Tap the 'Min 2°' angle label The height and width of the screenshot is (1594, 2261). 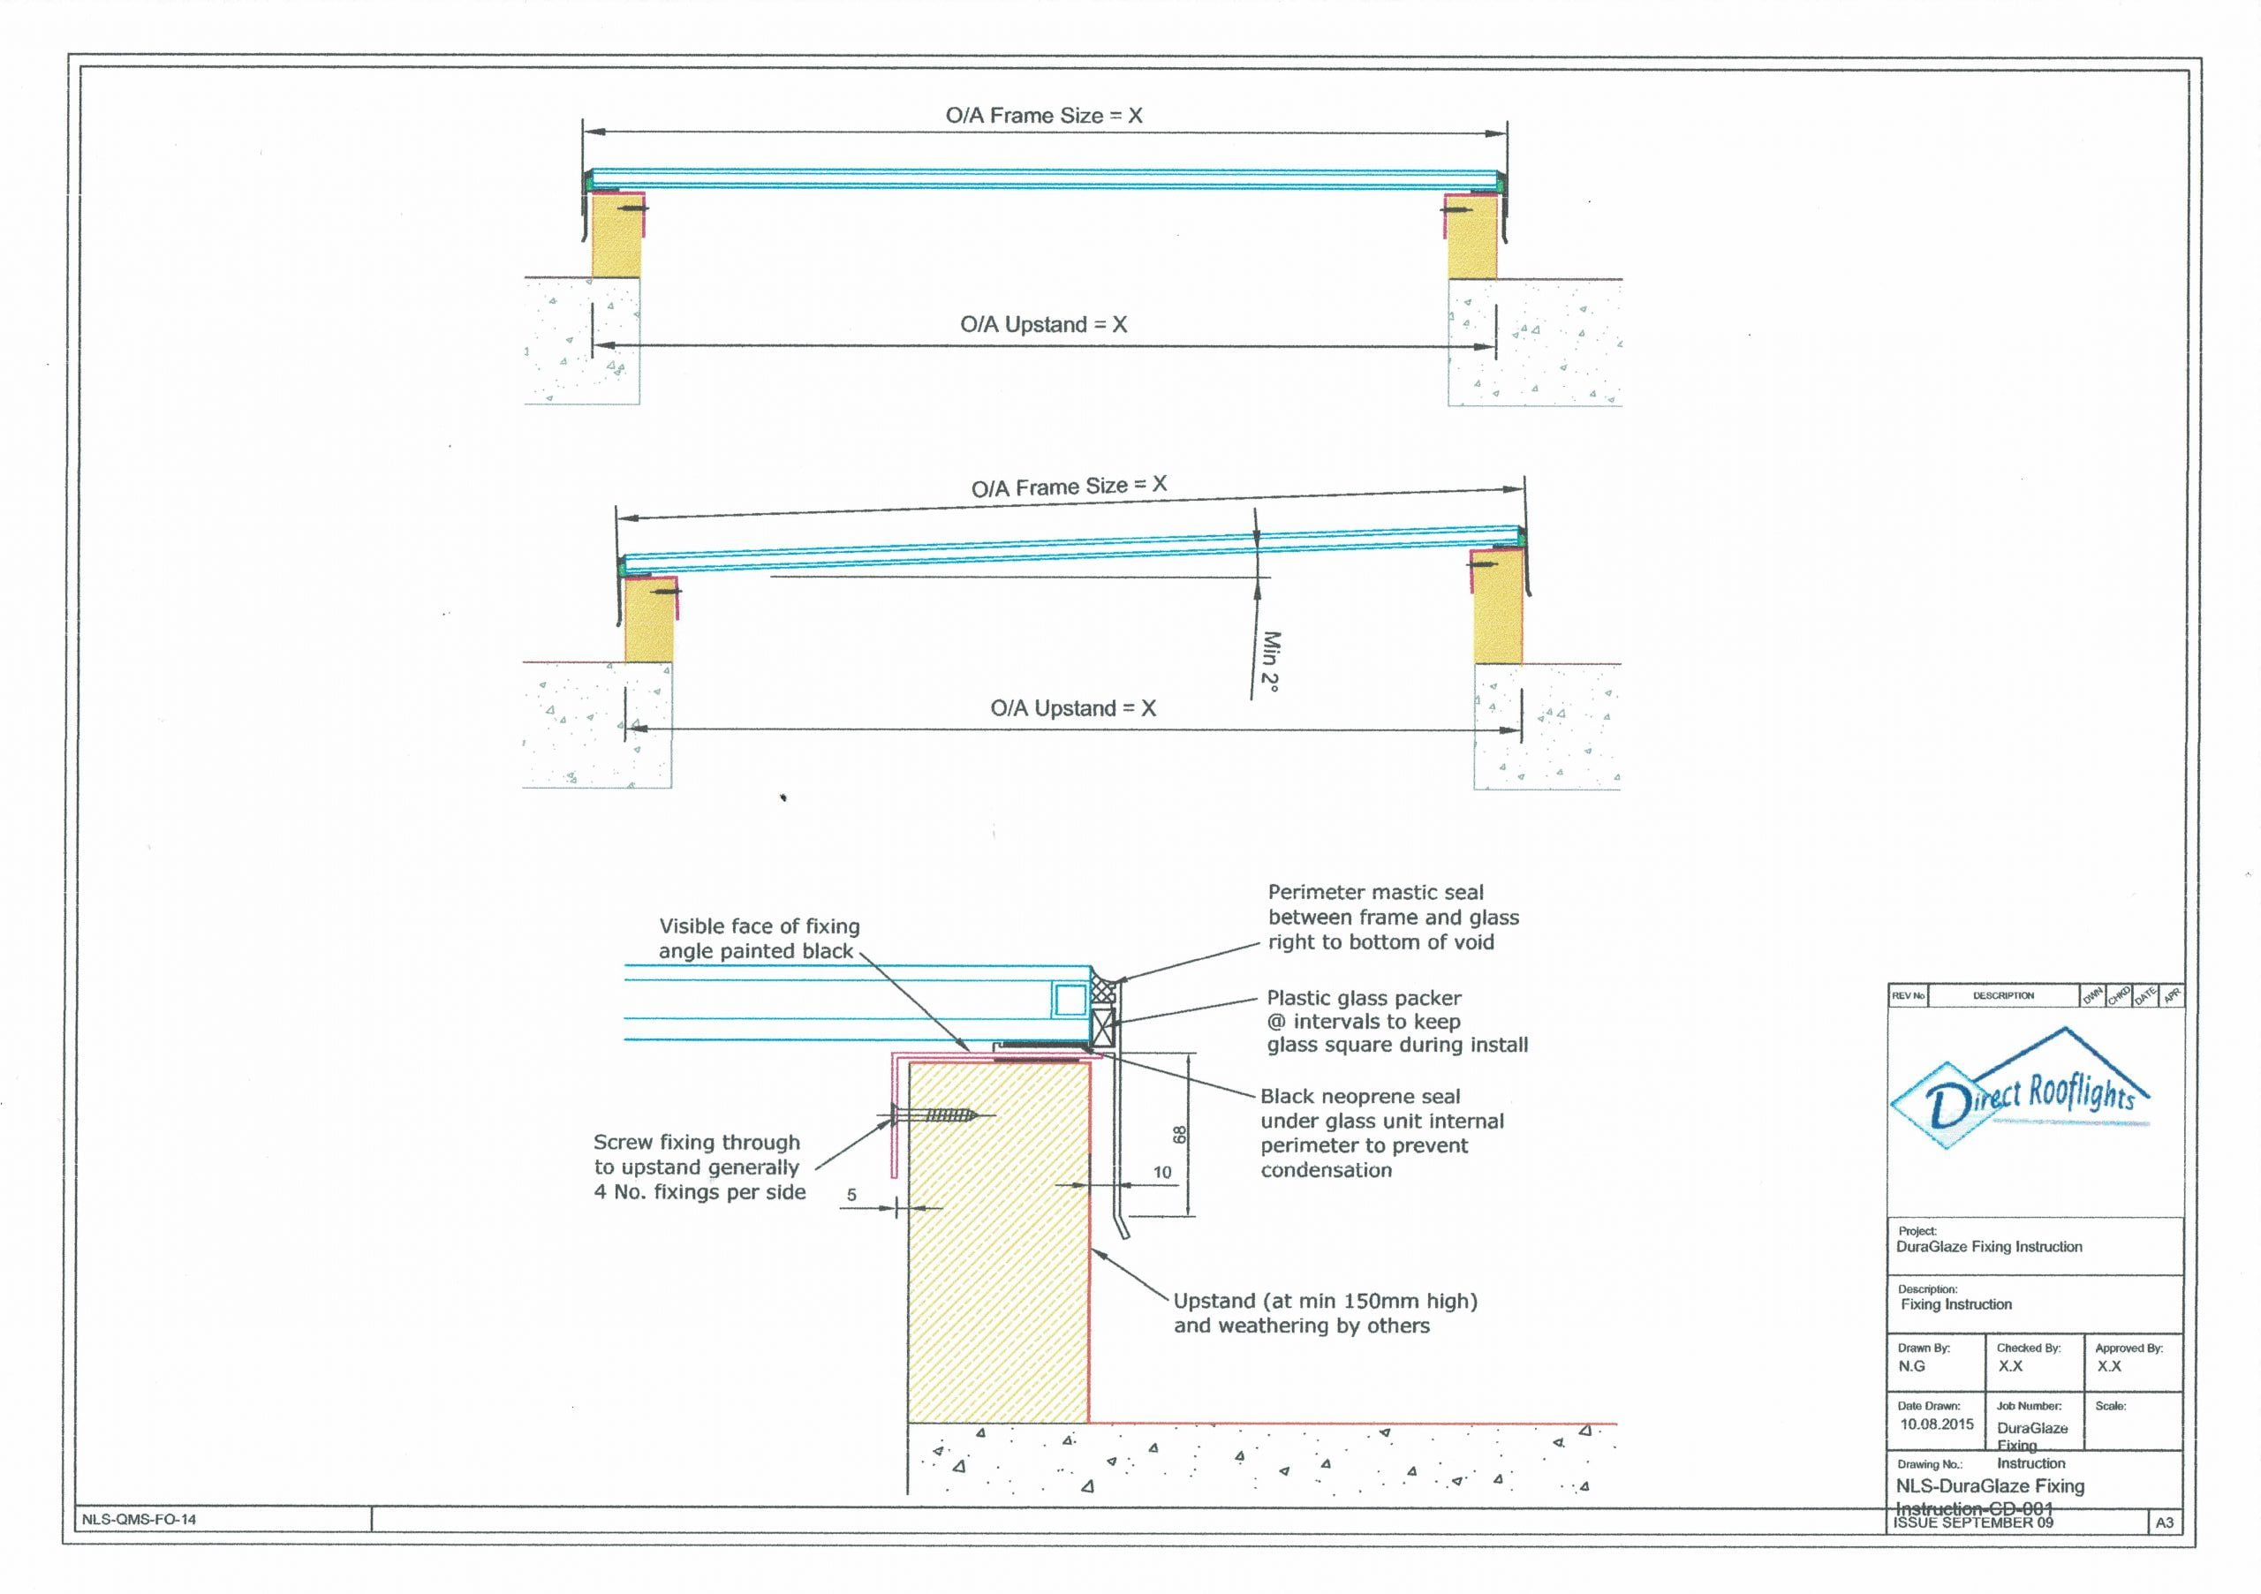point(1270,661)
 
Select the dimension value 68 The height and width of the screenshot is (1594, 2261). point(1179,1134)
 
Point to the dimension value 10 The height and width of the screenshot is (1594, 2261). point(1162,1173)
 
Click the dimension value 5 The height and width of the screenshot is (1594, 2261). point(851,1195)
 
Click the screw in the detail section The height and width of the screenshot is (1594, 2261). point(935,1115)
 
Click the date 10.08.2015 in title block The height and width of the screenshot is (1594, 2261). point(1936,1424)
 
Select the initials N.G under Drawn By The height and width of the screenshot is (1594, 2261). point(1911,1365)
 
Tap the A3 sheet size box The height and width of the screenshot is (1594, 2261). point(2165,1522)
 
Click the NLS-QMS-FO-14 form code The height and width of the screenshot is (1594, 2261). point(139,1519)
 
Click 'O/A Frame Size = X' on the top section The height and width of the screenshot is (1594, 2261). point(1044,115)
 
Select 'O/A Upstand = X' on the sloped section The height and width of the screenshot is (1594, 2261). point(1072,708)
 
